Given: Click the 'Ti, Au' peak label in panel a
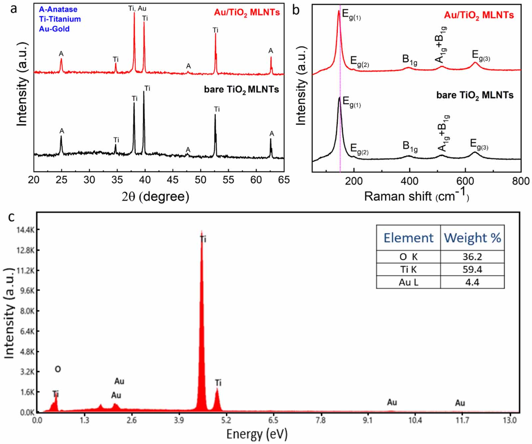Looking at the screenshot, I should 137,8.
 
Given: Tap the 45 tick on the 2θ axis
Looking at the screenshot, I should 173,180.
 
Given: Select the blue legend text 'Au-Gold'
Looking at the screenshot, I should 54,29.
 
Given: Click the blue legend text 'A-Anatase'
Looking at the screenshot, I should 58,9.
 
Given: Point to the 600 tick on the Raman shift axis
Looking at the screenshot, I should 465,181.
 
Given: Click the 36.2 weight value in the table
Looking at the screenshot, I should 472,257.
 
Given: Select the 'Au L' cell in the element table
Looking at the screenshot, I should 408,282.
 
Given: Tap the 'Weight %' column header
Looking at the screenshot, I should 472,238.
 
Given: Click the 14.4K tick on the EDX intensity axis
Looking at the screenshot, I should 26,230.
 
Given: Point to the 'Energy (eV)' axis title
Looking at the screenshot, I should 257,434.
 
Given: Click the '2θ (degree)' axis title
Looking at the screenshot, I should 156,196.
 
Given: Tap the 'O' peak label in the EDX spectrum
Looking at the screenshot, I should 58,369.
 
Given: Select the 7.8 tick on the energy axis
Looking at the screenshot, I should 321,420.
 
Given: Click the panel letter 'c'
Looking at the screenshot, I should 11,217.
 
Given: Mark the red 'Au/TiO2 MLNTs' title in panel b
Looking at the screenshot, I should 479,15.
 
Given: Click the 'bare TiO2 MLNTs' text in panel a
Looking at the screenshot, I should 241,90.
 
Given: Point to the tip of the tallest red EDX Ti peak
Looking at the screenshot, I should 201,231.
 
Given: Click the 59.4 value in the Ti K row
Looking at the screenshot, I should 472,270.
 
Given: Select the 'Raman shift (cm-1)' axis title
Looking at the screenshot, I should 416,196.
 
